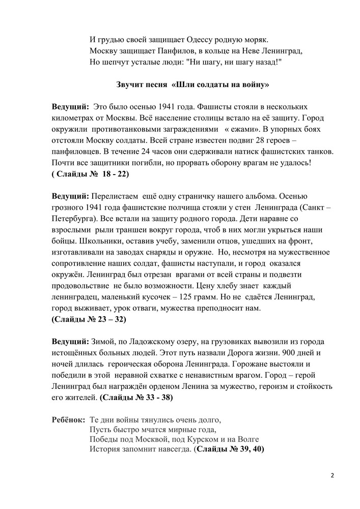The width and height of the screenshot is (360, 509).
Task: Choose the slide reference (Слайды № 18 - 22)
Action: pyautogui.click(x=90, y=175)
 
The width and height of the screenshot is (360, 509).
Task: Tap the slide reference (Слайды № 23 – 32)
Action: pyautogui.click(x=89, y=320)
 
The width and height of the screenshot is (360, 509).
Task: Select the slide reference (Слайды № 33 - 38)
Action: pyautogui.click(x=136, y=397)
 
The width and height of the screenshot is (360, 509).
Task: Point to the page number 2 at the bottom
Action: pyautogui.click(x=332, y=476)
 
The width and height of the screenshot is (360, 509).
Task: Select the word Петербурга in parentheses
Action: pyautogui.click(x=71, y=208)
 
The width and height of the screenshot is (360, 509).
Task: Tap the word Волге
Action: pyautogui.click(x=248, y=439)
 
